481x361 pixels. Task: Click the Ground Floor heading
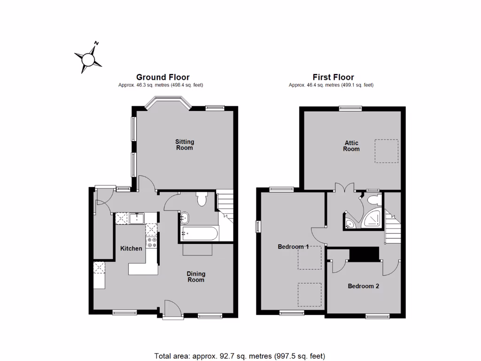pos(163,77)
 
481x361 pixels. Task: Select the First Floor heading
pos(333,77)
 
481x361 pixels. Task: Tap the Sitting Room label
pos(185,145)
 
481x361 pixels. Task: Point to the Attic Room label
pos(351,146)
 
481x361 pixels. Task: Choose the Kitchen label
pos(131,248)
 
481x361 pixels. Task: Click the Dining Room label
pos(196,277)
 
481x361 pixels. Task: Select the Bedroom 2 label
pos(363,286)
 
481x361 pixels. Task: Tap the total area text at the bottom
pos(240,356)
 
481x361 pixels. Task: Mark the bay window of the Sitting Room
pos(168,102)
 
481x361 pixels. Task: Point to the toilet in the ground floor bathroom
pos(202,199)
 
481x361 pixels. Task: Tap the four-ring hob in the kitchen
pos(152,243)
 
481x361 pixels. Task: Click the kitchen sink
pos(138,218)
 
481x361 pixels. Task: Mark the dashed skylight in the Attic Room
pos(386,151)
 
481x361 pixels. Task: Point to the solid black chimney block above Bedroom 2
pos(364,254)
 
